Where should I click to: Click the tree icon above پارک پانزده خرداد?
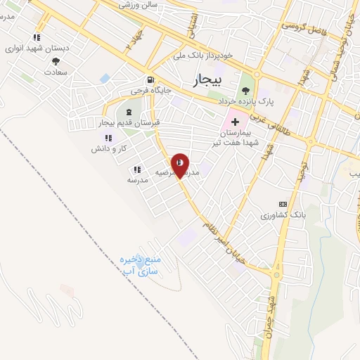pyautogui.click(x=245, y=90)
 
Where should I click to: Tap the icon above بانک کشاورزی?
pyautogui.click(x=283, y=203)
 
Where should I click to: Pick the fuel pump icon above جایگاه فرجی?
pyautogui.click(x=150, y=79)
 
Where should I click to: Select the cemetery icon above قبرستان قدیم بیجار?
pyautogui.click(x=128, y=112)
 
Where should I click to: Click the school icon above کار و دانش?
pyautogui.click(x=108, y=139)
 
